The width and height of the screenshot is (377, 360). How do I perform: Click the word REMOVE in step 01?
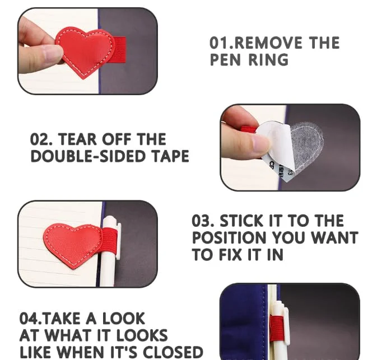coord(268,43)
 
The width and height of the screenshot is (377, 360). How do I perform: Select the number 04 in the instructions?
coord(29,319)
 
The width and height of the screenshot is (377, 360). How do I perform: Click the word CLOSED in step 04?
coord(173,352)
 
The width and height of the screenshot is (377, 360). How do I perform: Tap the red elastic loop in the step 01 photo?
coord(119,50)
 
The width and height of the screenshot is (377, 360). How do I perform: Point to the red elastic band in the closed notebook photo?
coord(277,328)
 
